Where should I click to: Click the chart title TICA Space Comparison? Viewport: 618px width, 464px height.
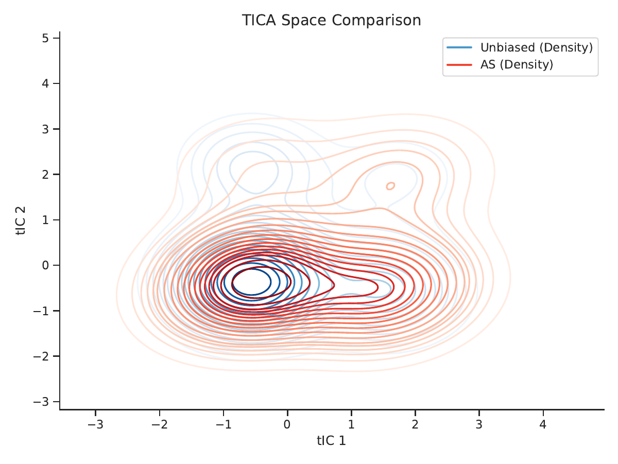(331, 20)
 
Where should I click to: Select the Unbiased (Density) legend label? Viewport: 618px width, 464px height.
(537, 47)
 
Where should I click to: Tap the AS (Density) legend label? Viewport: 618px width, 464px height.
(517, 64)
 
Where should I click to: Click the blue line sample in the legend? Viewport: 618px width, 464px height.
(459, 47)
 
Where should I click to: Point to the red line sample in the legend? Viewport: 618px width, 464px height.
(459, 65)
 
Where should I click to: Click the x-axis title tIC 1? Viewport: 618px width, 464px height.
(331, 441)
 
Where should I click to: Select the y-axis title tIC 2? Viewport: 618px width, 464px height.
(21, 220)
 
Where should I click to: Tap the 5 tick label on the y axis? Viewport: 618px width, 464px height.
(46, 38)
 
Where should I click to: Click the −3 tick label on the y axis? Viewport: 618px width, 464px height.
(41, 402)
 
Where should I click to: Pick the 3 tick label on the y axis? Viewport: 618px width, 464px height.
(46, 129)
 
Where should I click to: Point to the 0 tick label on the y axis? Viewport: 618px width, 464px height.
(46, 265)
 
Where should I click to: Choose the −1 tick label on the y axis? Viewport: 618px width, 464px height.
(41, 311)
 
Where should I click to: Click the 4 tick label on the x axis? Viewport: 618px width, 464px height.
(543, 424)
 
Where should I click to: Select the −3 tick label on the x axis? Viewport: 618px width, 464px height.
(95, 424)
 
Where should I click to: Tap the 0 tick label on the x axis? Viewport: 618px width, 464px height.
(287, 424)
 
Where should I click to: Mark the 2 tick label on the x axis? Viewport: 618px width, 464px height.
(415, 424)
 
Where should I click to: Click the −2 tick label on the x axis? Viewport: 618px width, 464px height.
(159, 424)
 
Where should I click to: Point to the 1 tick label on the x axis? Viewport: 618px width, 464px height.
(351, 424)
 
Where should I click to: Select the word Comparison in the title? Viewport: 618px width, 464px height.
(376, 21)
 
